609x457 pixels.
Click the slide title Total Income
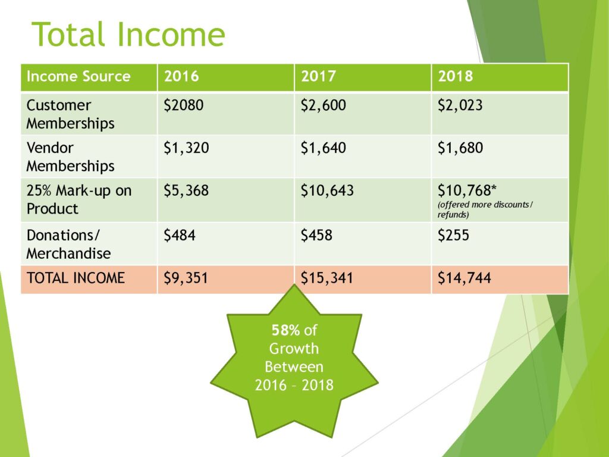[x=128, y=34]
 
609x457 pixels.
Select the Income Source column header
[x=79, y=76]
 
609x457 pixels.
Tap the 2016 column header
[x=181, y=76]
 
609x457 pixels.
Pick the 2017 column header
[x=319, y=76]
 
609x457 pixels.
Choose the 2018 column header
[x=456, y=76]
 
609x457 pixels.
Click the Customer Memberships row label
[x=70, y=114]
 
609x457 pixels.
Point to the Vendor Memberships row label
[x=70, y=156]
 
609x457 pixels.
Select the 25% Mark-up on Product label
[x=79, y=199]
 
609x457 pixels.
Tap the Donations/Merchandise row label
[x=69, y=244]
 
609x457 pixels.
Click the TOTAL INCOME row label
[x=76, y=278]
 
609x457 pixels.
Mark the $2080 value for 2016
[x=183, y=105]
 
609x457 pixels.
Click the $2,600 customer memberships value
[x=323, y=105]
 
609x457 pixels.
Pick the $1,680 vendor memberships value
[x=460, y=148]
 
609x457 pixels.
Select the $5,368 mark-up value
[x=186, y=190]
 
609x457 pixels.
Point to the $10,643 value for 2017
[x=327, y=190]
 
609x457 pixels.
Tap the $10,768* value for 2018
[x=467, y=190]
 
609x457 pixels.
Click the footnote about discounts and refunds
[x=485, y=209]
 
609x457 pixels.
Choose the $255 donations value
[x=453, y=235]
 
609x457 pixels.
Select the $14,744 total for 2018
[x=464, y=278]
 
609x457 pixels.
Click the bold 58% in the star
[x=285, y=330]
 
